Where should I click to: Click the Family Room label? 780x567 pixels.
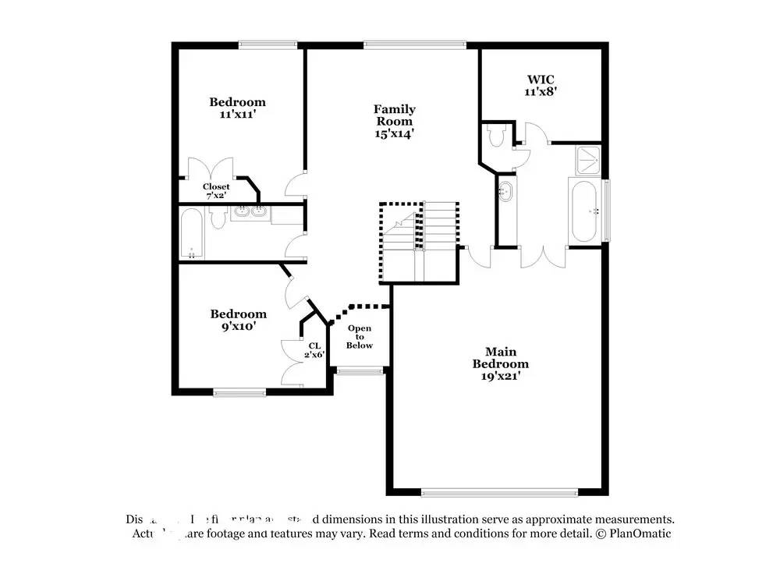pyautogui.click(x=394, y=121)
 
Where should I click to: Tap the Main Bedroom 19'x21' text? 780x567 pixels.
pyautogui.click(x=500, y=363)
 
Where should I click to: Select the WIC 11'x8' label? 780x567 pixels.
pyautogui.click(x=540, y=85)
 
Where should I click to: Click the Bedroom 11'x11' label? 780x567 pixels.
pyautogui.click(x=237, y=108)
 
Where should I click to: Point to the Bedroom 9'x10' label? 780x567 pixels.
pyautogui.click(x=238, y=320)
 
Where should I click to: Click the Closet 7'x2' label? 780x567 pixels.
pyautogui.click(x=216, y=191)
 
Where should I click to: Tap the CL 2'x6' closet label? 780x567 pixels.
pyautogui.click(x=314, y=349)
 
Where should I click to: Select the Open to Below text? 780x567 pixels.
pyautogui.click(x=360, y=337)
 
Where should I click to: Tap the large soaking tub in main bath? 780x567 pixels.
pyautogui.click(x=585, y=211)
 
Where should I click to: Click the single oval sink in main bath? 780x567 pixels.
pyautogui.click(x=505, y=191)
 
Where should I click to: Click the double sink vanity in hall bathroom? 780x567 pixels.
pyautogui.click(x=250, y=211)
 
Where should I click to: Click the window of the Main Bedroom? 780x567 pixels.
pyautogui.click(x=499, y=492)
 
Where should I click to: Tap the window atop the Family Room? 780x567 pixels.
pyautogui.click(x=415, y=44)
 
